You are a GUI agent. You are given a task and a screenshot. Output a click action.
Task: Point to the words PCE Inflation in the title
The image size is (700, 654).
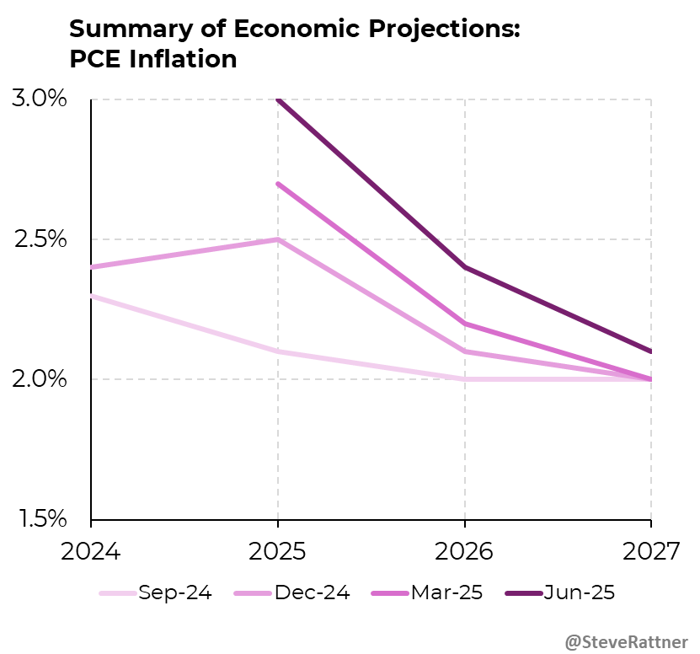point(152,60)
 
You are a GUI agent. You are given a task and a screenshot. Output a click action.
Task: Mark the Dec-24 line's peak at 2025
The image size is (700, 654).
point(278,239)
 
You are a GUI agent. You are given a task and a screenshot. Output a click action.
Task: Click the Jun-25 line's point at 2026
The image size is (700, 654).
point(465,267)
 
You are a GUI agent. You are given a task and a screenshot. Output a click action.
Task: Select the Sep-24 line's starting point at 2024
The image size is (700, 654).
point(92,296)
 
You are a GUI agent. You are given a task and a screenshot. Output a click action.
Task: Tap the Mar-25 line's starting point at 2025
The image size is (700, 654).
point(278,184)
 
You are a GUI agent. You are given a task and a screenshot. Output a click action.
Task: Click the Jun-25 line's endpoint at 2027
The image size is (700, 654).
point(650,351)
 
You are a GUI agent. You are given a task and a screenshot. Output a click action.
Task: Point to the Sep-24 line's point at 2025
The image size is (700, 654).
point(278,351)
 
